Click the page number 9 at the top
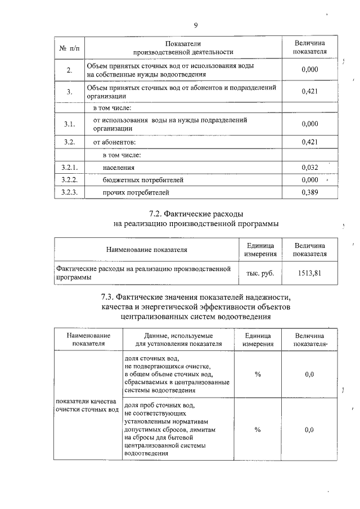click(x=196, y=25)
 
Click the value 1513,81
click(x=309, y=273)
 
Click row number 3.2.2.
click(x=70, y=180)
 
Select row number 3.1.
click(x=70, y=124)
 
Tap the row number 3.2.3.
click(x=70, y=192)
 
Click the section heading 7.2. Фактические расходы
click(x=196, y=214)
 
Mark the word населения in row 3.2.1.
click(x=119, y=168)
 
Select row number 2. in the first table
click(x=70, y=70)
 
